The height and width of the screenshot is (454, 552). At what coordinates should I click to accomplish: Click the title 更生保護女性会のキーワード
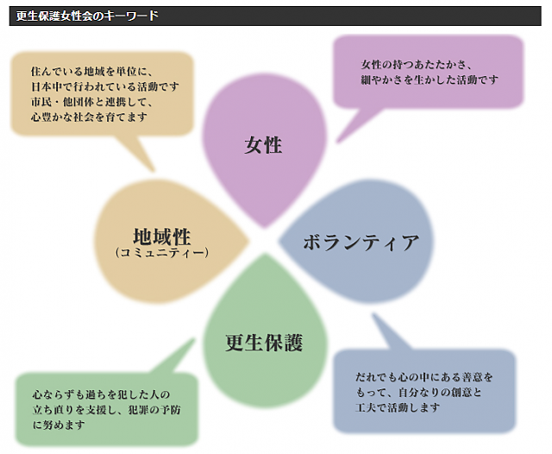click(x=87, y=16)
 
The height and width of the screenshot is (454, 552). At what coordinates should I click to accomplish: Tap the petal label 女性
click(x=263, y=145)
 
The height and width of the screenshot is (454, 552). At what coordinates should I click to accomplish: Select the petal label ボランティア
click(x=361, y=243)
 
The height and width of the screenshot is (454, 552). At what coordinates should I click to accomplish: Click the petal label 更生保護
click(x=264, y=343)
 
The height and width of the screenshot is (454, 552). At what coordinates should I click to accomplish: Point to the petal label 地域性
click(x=162, y=236)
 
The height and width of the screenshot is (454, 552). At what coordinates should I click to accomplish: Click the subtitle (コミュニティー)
click(x=162, y=253)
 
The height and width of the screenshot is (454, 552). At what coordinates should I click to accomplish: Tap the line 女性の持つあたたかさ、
click(x=416, y=65)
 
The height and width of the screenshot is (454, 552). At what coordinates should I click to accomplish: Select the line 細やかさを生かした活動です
click(x=430, y=79)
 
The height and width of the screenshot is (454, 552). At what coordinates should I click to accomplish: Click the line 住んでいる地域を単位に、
click(x=91, y=72)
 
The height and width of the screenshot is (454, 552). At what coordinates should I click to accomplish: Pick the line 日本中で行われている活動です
click(x=105, y=86)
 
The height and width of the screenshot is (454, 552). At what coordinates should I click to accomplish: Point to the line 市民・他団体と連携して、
click(x=91, y=102)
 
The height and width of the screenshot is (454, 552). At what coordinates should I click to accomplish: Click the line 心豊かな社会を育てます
click(x=89, y=117)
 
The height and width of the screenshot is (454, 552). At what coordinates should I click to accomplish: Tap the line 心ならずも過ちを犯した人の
click(x=102, y=394)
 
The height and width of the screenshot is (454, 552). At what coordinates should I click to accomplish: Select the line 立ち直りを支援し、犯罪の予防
click(x=106, y=410)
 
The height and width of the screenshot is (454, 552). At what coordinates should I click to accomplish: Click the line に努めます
click(x=59, y=425)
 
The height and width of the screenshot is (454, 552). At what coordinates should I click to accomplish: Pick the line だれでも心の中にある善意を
click(x=423, y=377)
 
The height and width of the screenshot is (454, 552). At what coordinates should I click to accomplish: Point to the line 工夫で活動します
click(x=398, y=407)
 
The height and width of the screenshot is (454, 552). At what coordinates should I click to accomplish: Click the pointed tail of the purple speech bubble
click(x=337, y=142)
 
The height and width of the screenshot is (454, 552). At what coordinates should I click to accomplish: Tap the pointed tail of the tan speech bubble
click(x=154, y=171)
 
